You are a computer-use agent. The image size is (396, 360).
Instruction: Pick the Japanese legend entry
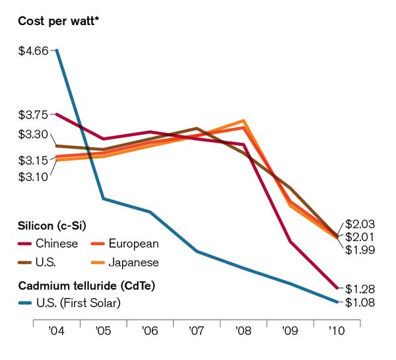point(134,262)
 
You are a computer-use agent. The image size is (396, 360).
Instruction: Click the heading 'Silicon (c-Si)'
point(52,225)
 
